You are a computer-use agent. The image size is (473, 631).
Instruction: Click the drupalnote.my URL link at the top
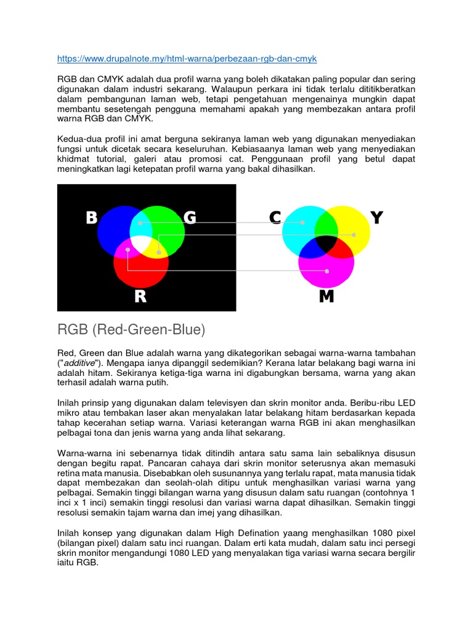[x=187, y=59]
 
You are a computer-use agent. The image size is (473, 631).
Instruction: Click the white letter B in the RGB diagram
[x=91, y=218]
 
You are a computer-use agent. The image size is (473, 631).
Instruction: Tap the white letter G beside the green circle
[x=190, y=218]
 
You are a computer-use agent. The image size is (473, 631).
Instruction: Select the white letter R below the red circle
[x=140, y=297]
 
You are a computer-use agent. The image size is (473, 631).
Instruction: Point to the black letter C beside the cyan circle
[x=275, y=218]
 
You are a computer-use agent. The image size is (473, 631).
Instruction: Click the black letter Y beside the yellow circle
[x=376, y=218]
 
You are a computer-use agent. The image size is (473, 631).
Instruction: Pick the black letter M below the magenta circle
[x=326, y=297]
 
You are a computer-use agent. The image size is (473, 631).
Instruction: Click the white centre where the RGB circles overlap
[x=142, y=243]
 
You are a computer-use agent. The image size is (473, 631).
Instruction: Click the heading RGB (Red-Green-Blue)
[x=131, y=330]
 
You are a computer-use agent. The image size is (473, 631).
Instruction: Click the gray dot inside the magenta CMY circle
[x=327, y=271]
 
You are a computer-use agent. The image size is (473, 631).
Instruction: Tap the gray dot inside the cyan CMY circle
[x=302, y=222]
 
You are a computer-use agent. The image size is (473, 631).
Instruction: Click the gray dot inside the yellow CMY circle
[x=354, y=235]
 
